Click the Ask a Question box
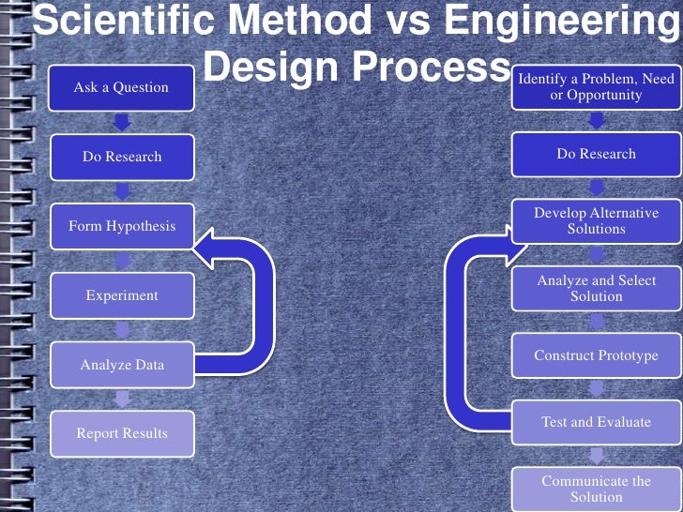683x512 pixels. tap(122, 87)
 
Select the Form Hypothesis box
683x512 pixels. tap(122, 226)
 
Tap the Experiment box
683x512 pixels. tap(122, 295)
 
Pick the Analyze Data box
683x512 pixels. tap(122, 365)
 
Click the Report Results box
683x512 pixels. tap(122, 433)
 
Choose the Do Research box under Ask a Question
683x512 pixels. tap(122, 157)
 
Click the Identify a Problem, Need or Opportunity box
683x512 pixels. tap(596, 87)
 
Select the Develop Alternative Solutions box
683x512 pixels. tap(596, 221)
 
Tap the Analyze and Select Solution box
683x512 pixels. tap(596, 289)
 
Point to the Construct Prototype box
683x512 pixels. tap(596, 355)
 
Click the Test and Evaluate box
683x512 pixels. tap(596, 422)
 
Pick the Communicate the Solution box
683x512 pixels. tap(596, 489)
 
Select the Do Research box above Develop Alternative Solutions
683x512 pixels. tap(596, 154)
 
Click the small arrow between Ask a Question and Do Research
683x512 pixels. tap(122, 122)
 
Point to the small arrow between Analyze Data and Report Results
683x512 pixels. tap(122, 399)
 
